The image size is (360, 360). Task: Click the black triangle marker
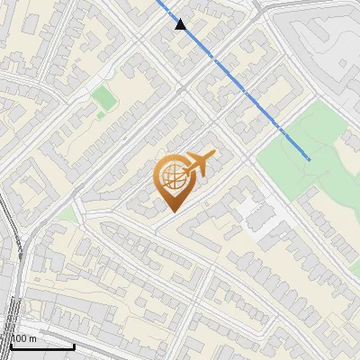click(181, 24)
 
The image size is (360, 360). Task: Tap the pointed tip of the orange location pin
click(171, 211)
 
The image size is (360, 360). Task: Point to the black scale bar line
click(40, 346)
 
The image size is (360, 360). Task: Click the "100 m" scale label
click(23, 338)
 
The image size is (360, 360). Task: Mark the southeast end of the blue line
click(310, 159)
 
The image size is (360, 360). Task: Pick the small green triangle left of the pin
click(68, 215)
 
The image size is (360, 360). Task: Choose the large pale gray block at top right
click(324, 45)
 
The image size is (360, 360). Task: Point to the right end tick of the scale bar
click(75, 345)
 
